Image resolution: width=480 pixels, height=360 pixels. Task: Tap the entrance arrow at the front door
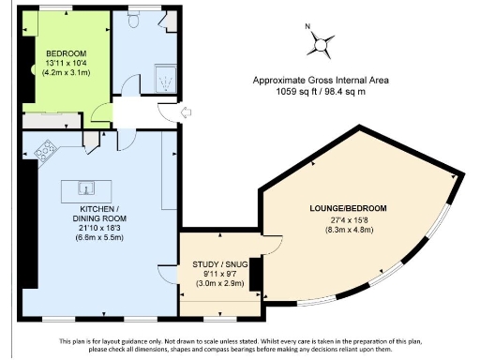[x=185, y=113]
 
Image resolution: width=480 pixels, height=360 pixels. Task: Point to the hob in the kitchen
[x=47, y=148]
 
